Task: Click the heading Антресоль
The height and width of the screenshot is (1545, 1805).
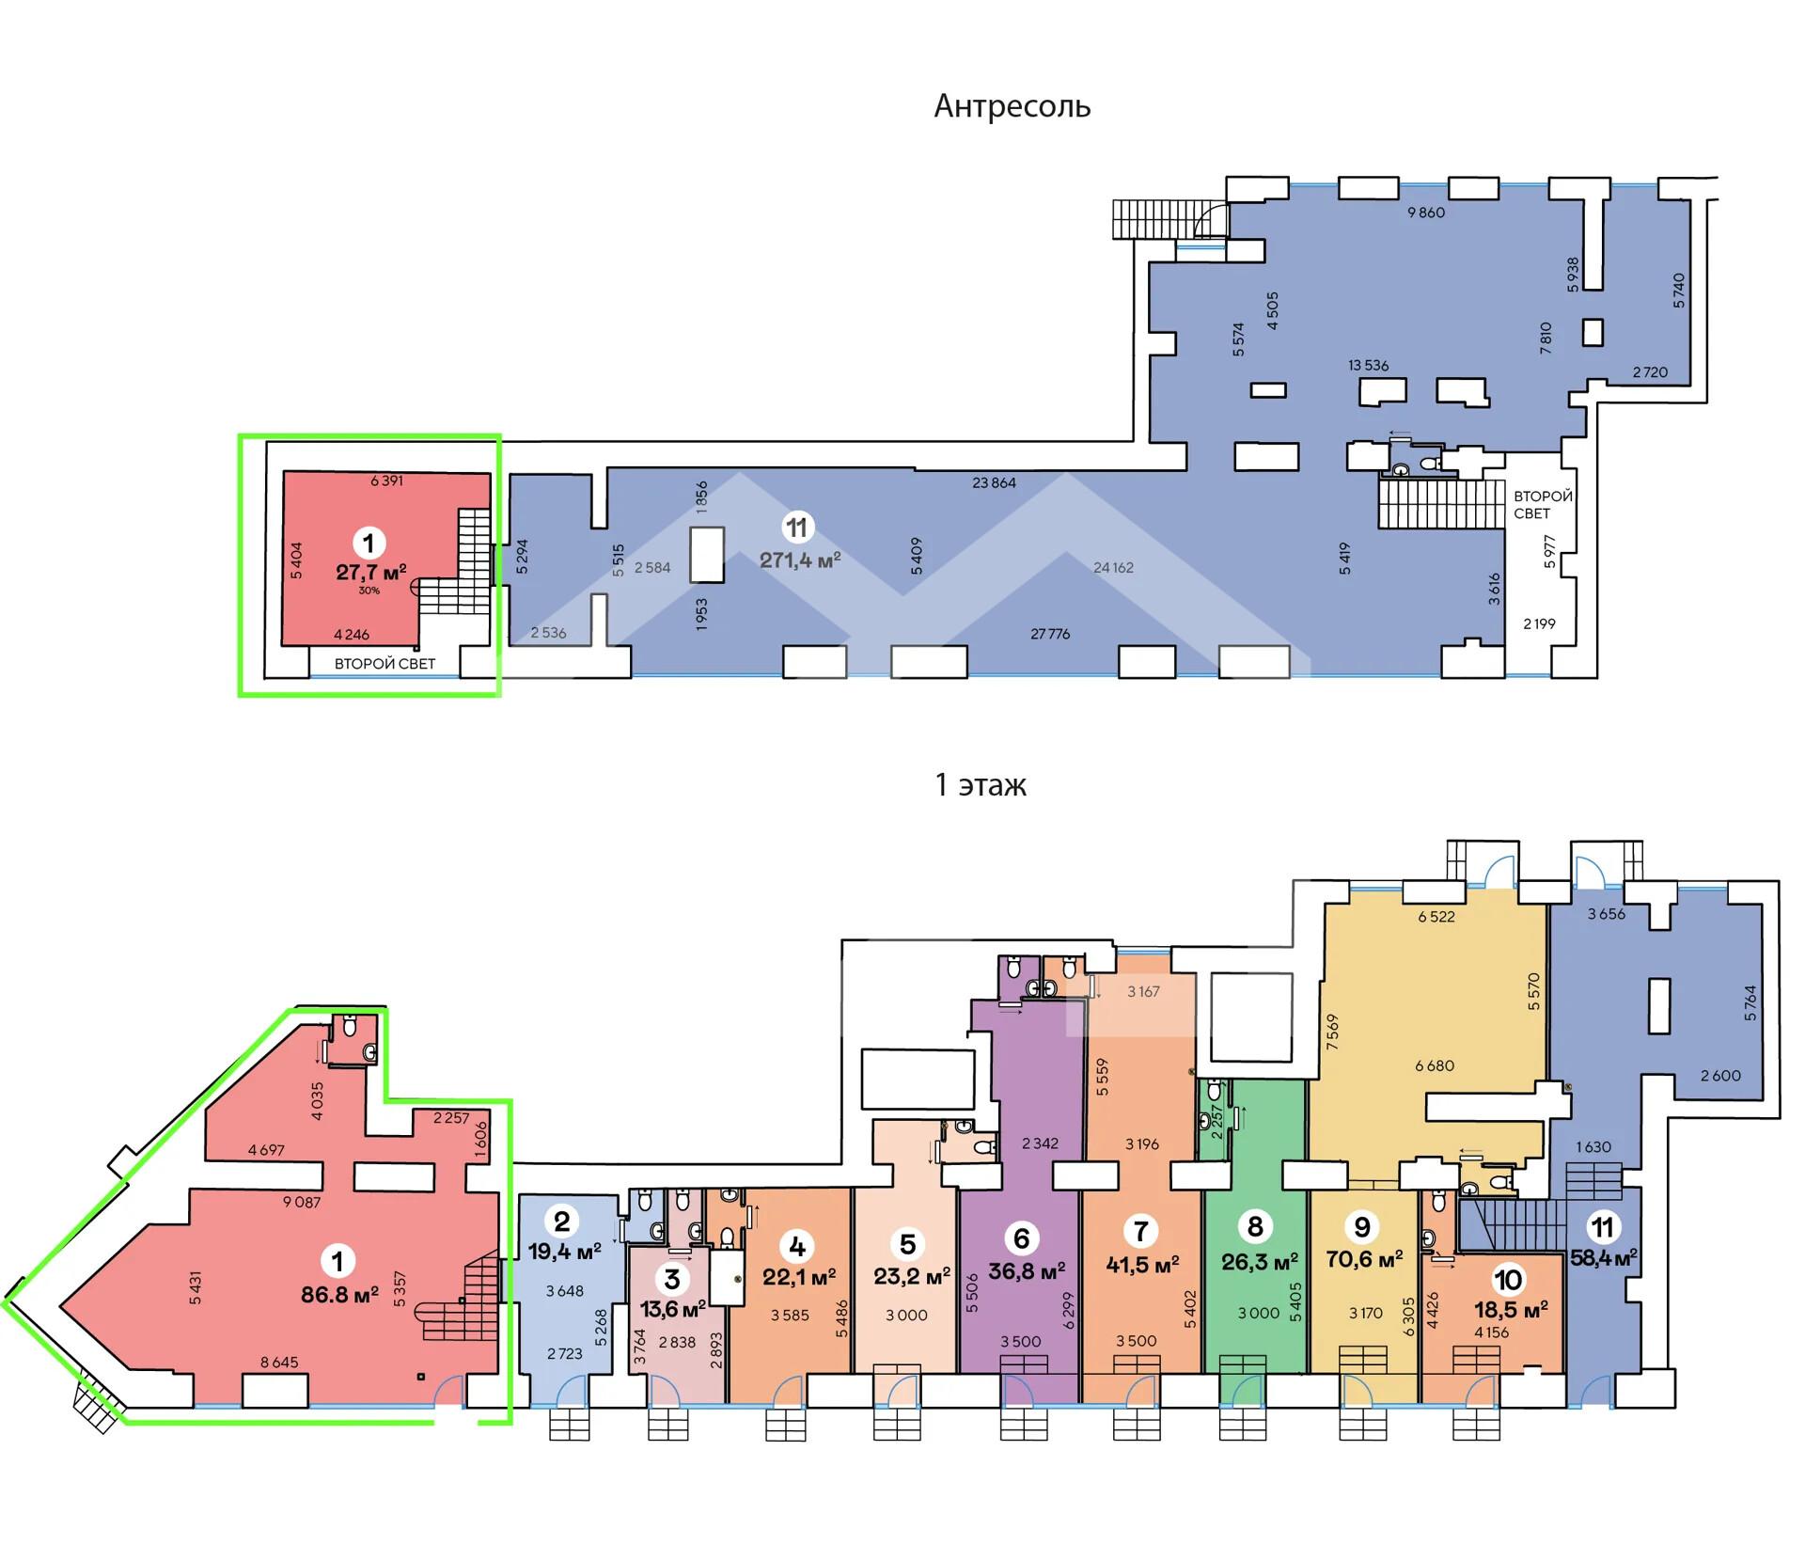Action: [x=1012, y=106]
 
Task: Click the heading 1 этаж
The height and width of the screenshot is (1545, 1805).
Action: [x=981, y=784]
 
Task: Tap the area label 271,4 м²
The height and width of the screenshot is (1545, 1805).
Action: [x=800, y=560]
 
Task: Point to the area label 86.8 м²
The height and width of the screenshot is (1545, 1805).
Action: [x=339, y=1294]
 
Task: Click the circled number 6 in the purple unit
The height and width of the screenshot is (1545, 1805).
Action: [x=1022, y=1238]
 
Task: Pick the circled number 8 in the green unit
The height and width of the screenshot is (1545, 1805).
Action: [x=1255, y=1226]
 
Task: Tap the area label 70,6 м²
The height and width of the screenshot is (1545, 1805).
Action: [x=1364, y=1258]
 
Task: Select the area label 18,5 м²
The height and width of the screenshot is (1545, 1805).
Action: [x=1511, y=1309]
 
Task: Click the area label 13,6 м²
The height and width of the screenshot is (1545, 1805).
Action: [x=673, y=1308]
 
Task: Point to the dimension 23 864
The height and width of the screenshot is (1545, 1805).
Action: [x=994, y=482]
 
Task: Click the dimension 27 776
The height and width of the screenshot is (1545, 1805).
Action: [x=1050, y=634]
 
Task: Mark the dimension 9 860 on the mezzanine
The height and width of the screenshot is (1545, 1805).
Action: [x=1426, y=213]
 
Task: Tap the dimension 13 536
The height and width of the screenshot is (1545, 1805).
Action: [x=1368, y=365]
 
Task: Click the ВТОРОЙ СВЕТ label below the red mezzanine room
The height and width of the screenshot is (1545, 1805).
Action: [x=385, y=664]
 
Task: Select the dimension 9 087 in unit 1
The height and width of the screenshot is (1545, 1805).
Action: [x=302, y=1202]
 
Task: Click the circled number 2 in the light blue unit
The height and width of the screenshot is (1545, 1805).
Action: [x=562, y=1222]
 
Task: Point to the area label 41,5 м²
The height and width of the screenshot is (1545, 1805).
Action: [x=1142, y=1264]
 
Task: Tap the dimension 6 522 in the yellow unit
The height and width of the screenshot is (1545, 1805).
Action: [x=1436, y=916]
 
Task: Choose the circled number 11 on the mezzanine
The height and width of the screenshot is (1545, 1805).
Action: [x=797, y=528]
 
